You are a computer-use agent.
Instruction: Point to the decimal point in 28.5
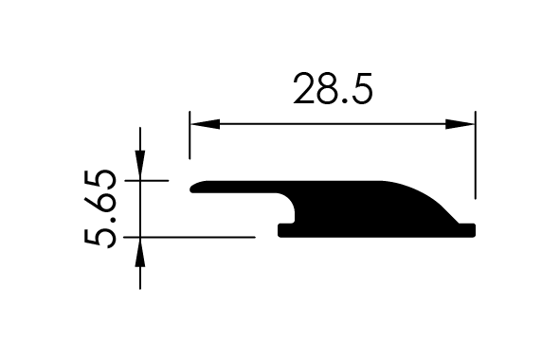[x=344, y=101]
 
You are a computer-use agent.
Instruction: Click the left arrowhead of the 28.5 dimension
[x=205, y=124]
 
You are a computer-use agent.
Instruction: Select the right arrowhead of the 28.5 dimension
[x=460, y=124]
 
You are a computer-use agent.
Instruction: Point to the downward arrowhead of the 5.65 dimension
[x=140, y=166]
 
